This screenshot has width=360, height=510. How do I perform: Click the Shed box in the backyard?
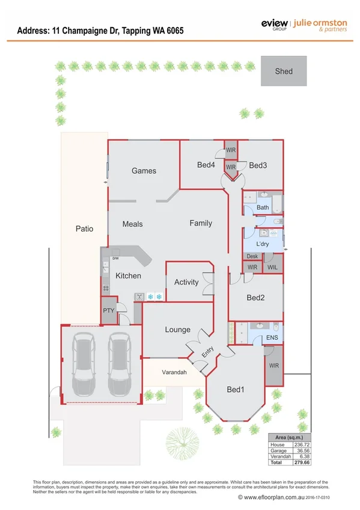(284, 71)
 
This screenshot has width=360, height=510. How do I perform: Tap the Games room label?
(144, 171)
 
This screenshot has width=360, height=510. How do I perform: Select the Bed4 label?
(206, 165)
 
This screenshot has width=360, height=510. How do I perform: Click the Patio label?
(84, 229)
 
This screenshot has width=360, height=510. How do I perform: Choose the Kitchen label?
(128, 276)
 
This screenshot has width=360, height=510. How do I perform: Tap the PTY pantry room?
(108, 311)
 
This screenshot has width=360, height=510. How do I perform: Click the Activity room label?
(186, 282)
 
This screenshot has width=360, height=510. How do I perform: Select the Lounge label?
(178, 330)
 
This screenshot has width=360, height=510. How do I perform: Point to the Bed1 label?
(235, 390)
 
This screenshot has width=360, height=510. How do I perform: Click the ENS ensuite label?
(272, 338)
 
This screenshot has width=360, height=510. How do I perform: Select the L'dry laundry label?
(262, 244)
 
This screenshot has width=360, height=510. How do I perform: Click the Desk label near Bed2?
(252, 257)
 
